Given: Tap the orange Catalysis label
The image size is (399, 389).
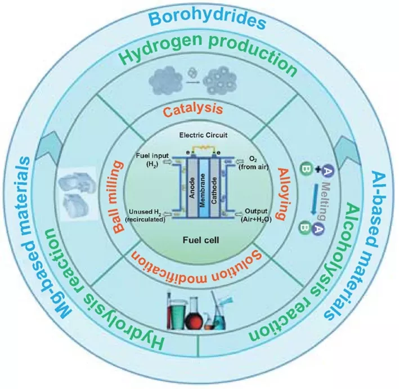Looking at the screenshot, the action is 192,110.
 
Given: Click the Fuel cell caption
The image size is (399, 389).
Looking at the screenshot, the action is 201,240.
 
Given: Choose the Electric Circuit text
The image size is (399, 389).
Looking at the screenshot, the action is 203,135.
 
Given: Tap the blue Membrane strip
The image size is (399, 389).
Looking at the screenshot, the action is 203,189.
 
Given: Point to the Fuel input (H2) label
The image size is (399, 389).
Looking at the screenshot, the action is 152,160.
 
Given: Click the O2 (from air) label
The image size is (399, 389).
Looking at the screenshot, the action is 253,163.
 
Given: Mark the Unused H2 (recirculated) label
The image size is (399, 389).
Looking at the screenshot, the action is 145,216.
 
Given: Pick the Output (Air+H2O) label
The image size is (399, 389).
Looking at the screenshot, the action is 255,215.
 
